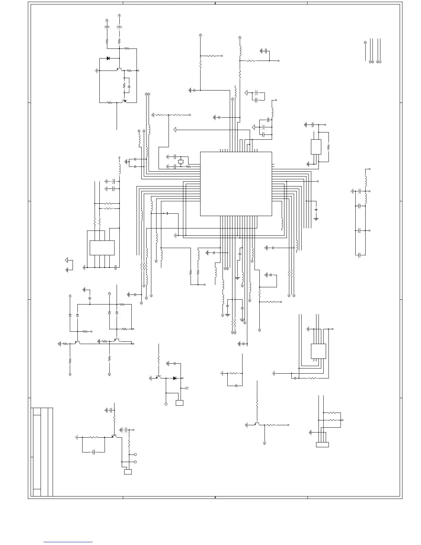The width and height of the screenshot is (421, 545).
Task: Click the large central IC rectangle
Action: [x=236, y=184]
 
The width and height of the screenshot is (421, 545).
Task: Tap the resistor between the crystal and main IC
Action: [x=188, y=167]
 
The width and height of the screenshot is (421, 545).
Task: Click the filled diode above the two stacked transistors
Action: [x=108, y=58]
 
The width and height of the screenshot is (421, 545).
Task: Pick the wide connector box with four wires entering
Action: [x=322, y=445]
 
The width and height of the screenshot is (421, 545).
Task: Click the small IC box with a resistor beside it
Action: [x=316, y=147]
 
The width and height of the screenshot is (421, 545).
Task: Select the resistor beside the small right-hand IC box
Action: [x=328, y=147]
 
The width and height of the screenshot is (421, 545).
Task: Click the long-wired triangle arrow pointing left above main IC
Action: [x=175, y=130]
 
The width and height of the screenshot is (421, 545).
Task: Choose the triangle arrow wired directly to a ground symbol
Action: [x=67, y=260]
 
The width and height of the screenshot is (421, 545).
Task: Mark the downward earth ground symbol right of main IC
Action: [x=316, y=218]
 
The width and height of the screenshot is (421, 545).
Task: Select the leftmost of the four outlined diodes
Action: [x=70, y=315]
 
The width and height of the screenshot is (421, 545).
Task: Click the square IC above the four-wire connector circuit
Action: [x=318, y=351]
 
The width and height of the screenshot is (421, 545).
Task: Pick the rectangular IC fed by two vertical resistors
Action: [x=102, y=248]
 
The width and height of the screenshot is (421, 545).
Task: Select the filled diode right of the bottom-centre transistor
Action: [x=174, y=378]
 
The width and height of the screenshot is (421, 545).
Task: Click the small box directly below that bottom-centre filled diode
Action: [x=179, y=403]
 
